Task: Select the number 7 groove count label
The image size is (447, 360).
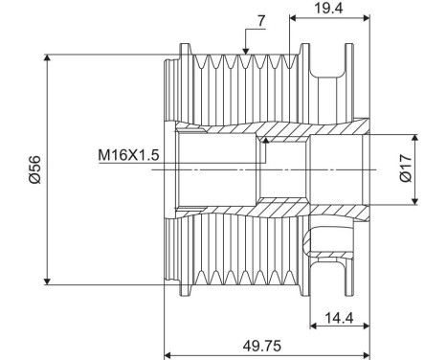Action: pos(260,22)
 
